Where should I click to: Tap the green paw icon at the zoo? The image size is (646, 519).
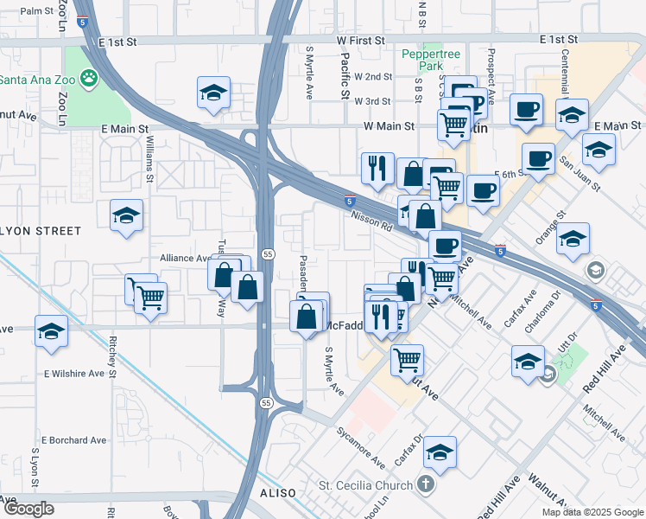[88, 80]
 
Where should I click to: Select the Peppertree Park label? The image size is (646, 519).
[433, 59]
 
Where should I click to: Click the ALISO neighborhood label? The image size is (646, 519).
[276, 492]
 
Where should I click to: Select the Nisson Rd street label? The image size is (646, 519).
[372, 222]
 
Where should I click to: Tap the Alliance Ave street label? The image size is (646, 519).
[185, 258]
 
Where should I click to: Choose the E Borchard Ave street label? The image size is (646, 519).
[73, 440]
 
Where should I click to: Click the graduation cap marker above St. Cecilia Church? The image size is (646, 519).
[440, 452]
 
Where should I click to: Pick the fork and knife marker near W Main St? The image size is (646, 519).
[377, 169]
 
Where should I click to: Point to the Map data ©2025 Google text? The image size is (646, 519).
[592, 512]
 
